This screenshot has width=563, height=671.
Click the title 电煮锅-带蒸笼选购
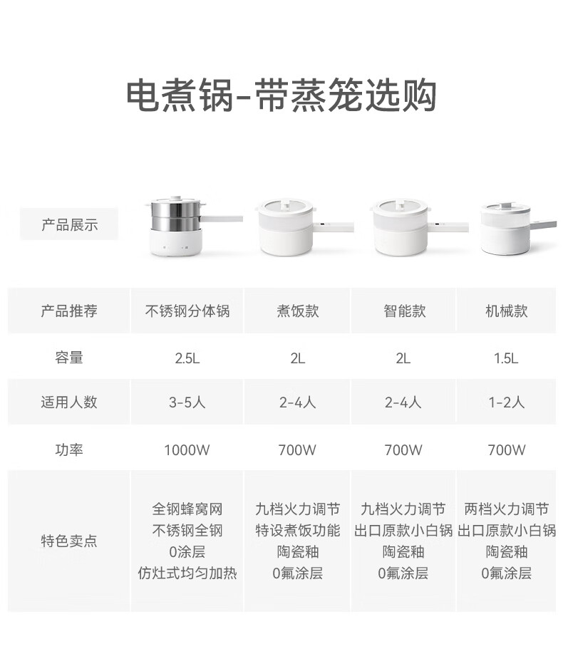point(281,95)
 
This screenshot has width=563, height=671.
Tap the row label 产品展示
point(69,224)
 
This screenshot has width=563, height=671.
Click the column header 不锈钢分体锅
point(187,311)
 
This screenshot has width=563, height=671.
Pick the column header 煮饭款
point(298,311)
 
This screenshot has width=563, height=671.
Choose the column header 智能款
point(404,311)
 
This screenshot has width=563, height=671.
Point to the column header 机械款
point(506,311)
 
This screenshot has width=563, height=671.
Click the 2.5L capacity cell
point(187,358)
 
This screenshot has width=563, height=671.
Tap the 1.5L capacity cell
point(506,358)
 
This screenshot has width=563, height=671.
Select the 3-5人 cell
point(187,402)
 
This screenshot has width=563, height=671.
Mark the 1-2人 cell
point(506,402)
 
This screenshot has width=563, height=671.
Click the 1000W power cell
point(187,449)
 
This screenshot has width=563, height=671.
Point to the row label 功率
point(69,449)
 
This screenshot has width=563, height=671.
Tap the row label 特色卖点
point(69,541)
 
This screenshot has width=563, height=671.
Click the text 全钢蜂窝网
point(187,509)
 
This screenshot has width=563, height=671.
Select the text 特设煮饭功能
point(298,531)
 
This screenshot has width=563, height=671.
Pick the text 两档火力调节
point(506,509)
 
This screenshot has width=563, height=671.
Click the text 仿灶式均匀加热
point(187,573)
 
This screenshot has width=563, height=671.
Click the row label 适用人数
point(69,402)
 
